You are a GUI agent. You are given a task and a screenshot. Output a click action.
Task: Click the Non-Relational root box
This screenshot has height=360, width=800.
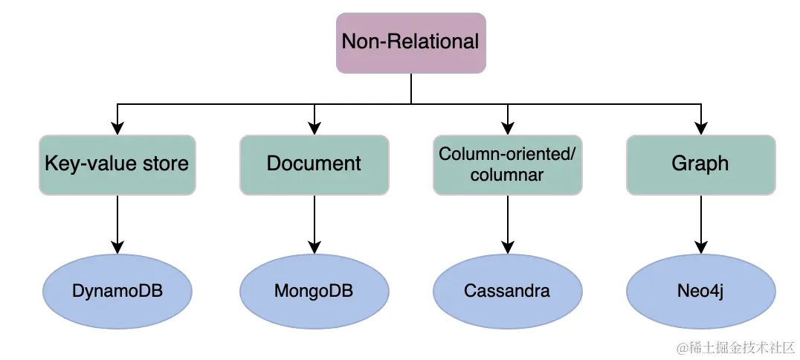[411, 42]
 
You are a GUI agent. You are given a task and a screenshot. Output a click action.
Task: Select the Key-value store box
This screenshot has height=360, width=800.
[117, 164]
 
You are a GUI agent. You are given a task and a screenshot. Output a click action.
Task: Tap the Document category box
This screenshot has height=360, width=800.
[314, 164]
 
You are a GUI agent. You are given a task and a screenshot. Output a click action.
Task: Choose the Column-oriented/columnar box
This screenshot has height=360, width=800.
[508, 164]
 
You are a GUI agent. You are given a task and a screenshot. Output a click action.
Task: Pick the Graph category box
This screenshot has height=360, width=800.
[700, 164]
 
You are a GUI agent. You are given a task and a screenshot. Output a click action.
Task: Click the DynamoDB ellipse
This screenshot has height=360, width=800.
[117, 290]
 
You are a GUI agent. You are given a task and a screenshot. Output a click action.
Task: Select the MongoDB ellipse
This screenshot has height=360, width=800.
[314, 290]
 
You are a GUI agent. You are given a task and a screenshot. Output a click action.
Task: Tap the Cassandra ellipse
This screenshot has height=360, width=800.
[508, 290]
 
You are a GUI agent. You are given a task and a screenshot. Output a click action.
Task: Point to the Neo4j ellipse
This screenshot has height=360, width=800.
[700, 290]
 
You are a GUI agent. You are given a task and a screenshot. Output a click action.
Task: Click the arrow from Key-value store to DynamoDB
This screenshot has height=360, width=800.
[117, 223]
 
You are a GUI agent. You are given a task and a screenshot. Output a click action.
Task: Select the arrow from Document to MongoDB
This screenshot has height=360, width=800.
[314, 223]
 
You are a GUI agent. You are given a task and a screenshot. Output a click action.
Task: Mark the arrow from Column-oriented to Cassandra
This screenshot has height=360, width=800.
[508, 223]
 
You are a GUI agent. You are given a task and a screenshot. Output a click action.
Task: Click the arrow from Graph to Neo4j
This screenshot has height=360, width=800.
[700, 223]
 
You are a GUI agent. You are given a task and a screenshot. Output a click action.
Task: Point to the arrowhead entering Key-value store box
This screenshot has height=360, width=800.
[117, 129]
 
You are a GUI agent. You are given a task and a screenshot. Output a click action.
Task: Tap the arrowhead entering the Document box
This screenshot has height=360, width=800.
[314, 129]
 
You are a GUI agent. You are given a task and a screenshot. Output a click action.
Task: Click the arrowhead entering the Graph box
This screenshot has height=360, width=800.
[700, 129]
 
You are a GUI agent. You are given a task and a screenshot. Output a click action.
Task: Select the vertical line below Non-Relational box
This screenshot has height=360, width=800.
[411, 88]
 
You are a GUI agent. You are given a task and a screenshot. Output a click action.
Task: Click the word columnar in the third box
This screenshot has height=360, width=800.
[507, 176]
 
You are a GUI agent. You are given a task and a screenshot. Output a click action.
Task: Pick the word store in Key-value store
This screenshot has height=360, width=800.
[165, 164]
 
